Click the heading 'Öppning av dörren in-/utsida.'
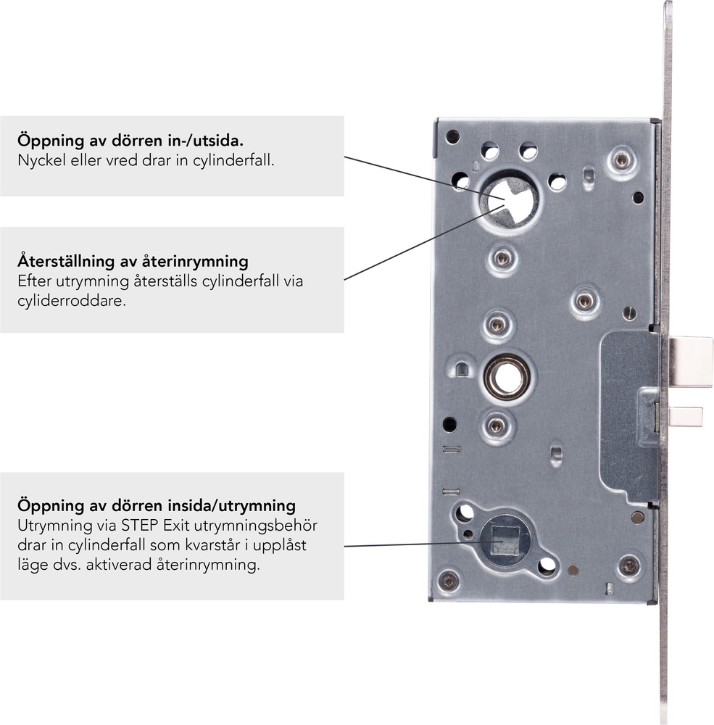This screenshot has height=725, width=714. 130,140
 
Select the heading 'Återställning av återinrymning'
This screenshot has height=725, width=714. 133,261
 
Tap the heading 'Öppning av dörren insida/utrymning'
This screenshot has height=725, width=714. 157,505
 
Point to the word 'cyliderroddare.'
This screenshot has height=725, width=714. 72,301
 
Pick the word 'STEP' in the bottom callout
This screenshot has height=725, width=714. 140,526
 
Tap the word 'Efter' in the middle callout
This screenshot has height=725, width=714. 34,281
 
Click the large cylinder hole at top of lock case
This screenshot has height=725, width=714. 510,199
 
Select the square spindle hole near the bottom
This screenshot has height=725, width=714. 505,541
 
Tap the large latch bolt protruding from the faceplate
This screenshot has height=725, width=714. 691,362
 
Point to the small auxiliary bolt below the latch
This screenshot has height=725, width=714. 686,417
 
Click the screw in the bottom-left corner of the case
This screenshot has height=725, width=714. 449,581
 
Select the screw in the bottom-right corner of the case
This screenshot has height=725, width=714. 629,566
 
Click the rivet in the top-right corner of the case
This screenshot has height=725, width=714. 621,160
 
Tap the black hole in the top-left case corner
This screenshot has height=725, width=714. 452,137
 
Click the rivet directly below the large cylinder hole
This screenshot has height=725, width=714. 502,257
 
